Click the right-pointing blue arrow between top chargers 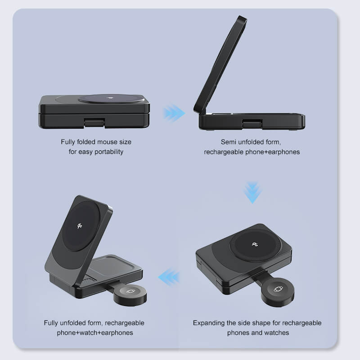(x=174, y=113)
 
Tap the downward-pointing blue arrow (x=253, y=193)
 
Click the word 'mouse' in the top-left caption (x=106, y=142)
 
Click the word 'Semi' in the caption (x=229, y=142)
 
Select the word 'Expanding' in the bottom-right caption (x=209, y=323)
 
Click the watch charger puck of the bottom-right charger (x=278, y=289)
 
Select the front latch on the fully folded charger (x=94, y=122)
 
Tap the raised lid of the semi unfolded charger (x=220, y=65)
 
